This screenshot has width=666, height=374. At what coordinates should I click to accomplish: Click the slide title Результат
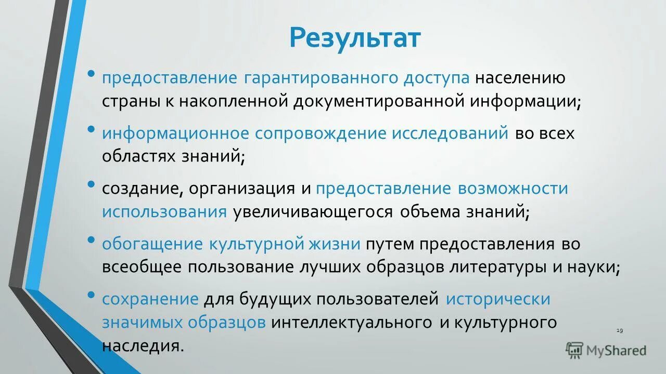[x=355, y=38]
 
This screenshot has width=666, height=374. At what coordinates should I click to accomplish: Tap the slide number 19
[x=619, y=331]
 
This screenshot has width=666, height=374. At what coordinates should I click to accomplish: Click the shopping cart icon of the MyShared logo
[x=574, y=351]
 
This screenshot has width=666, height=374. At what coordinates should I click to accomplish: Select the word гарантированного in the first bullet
[x=321, y=78]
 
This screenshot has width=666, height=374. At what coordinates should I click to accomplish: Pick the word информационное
[x=175, y=133]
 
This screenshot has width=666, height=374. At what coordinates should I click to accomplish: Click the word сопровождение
[x=322, y=133]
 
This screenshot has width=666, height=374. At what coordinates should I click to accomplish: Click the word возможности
[x=513, y=188]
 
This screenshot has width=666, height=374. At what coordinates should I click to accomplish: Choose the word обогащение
[x=152, y=244]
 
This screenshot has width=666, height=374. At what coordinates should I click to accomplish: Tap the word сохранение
[x=150, y=299]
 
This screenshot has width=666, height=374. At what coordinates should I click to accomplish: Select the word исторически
[x=498, y=299]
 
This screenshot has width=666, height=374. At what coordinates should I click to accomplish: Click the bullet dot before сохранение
[x=92, y=295]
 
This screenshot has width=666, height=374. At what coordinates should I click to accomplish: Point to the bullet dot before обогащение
[x=92, y=239]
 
